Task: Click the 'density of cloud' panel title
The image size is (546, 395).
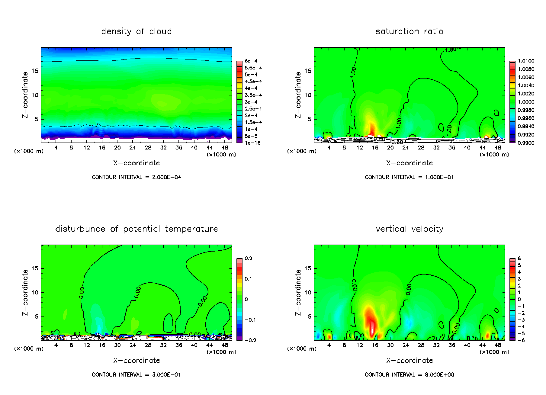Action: (136, 31)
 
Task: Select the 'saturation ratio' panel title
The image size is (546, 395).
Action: (409, 31)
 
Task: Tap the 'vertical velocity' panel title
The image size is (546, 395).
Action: (409, 229)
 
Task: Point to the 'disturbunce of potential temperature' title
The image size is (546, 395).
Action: (136, 229)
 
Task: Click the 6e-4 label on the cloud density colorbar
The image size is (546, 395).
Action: (251, 61)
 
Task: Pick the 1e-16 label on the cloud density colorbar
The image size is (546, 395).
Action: (252, 143)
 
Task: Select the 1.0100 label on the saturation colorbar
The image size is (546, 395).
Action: (526, 61)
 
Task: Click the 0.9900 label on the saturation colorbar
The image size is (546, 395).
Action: (526, 143)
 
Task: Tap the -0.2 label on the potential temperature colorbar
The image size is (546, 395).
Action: (250, 340)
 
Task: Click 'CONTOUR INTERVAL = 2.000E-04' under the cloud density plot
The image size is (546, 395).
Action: (136, 177)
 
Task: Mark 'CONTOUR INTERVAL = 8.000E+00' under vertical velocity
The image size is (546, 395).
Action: (409, 375)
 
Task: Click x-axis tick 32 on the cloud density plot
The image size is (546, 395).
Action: (163, 148)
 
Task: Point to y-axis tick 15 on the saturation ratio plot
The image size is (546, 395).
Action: (308, 71)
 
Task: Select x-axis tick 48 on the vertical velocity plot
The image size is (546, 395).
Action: (498, 345)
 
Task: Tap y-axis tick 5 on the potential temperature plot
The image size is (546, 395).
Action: (37, 317)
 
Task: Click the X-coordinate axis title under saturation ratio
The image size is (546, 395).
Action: (409, 163)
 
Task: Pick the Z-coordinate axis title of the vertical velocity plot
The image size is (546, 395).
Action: (298, 292)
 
